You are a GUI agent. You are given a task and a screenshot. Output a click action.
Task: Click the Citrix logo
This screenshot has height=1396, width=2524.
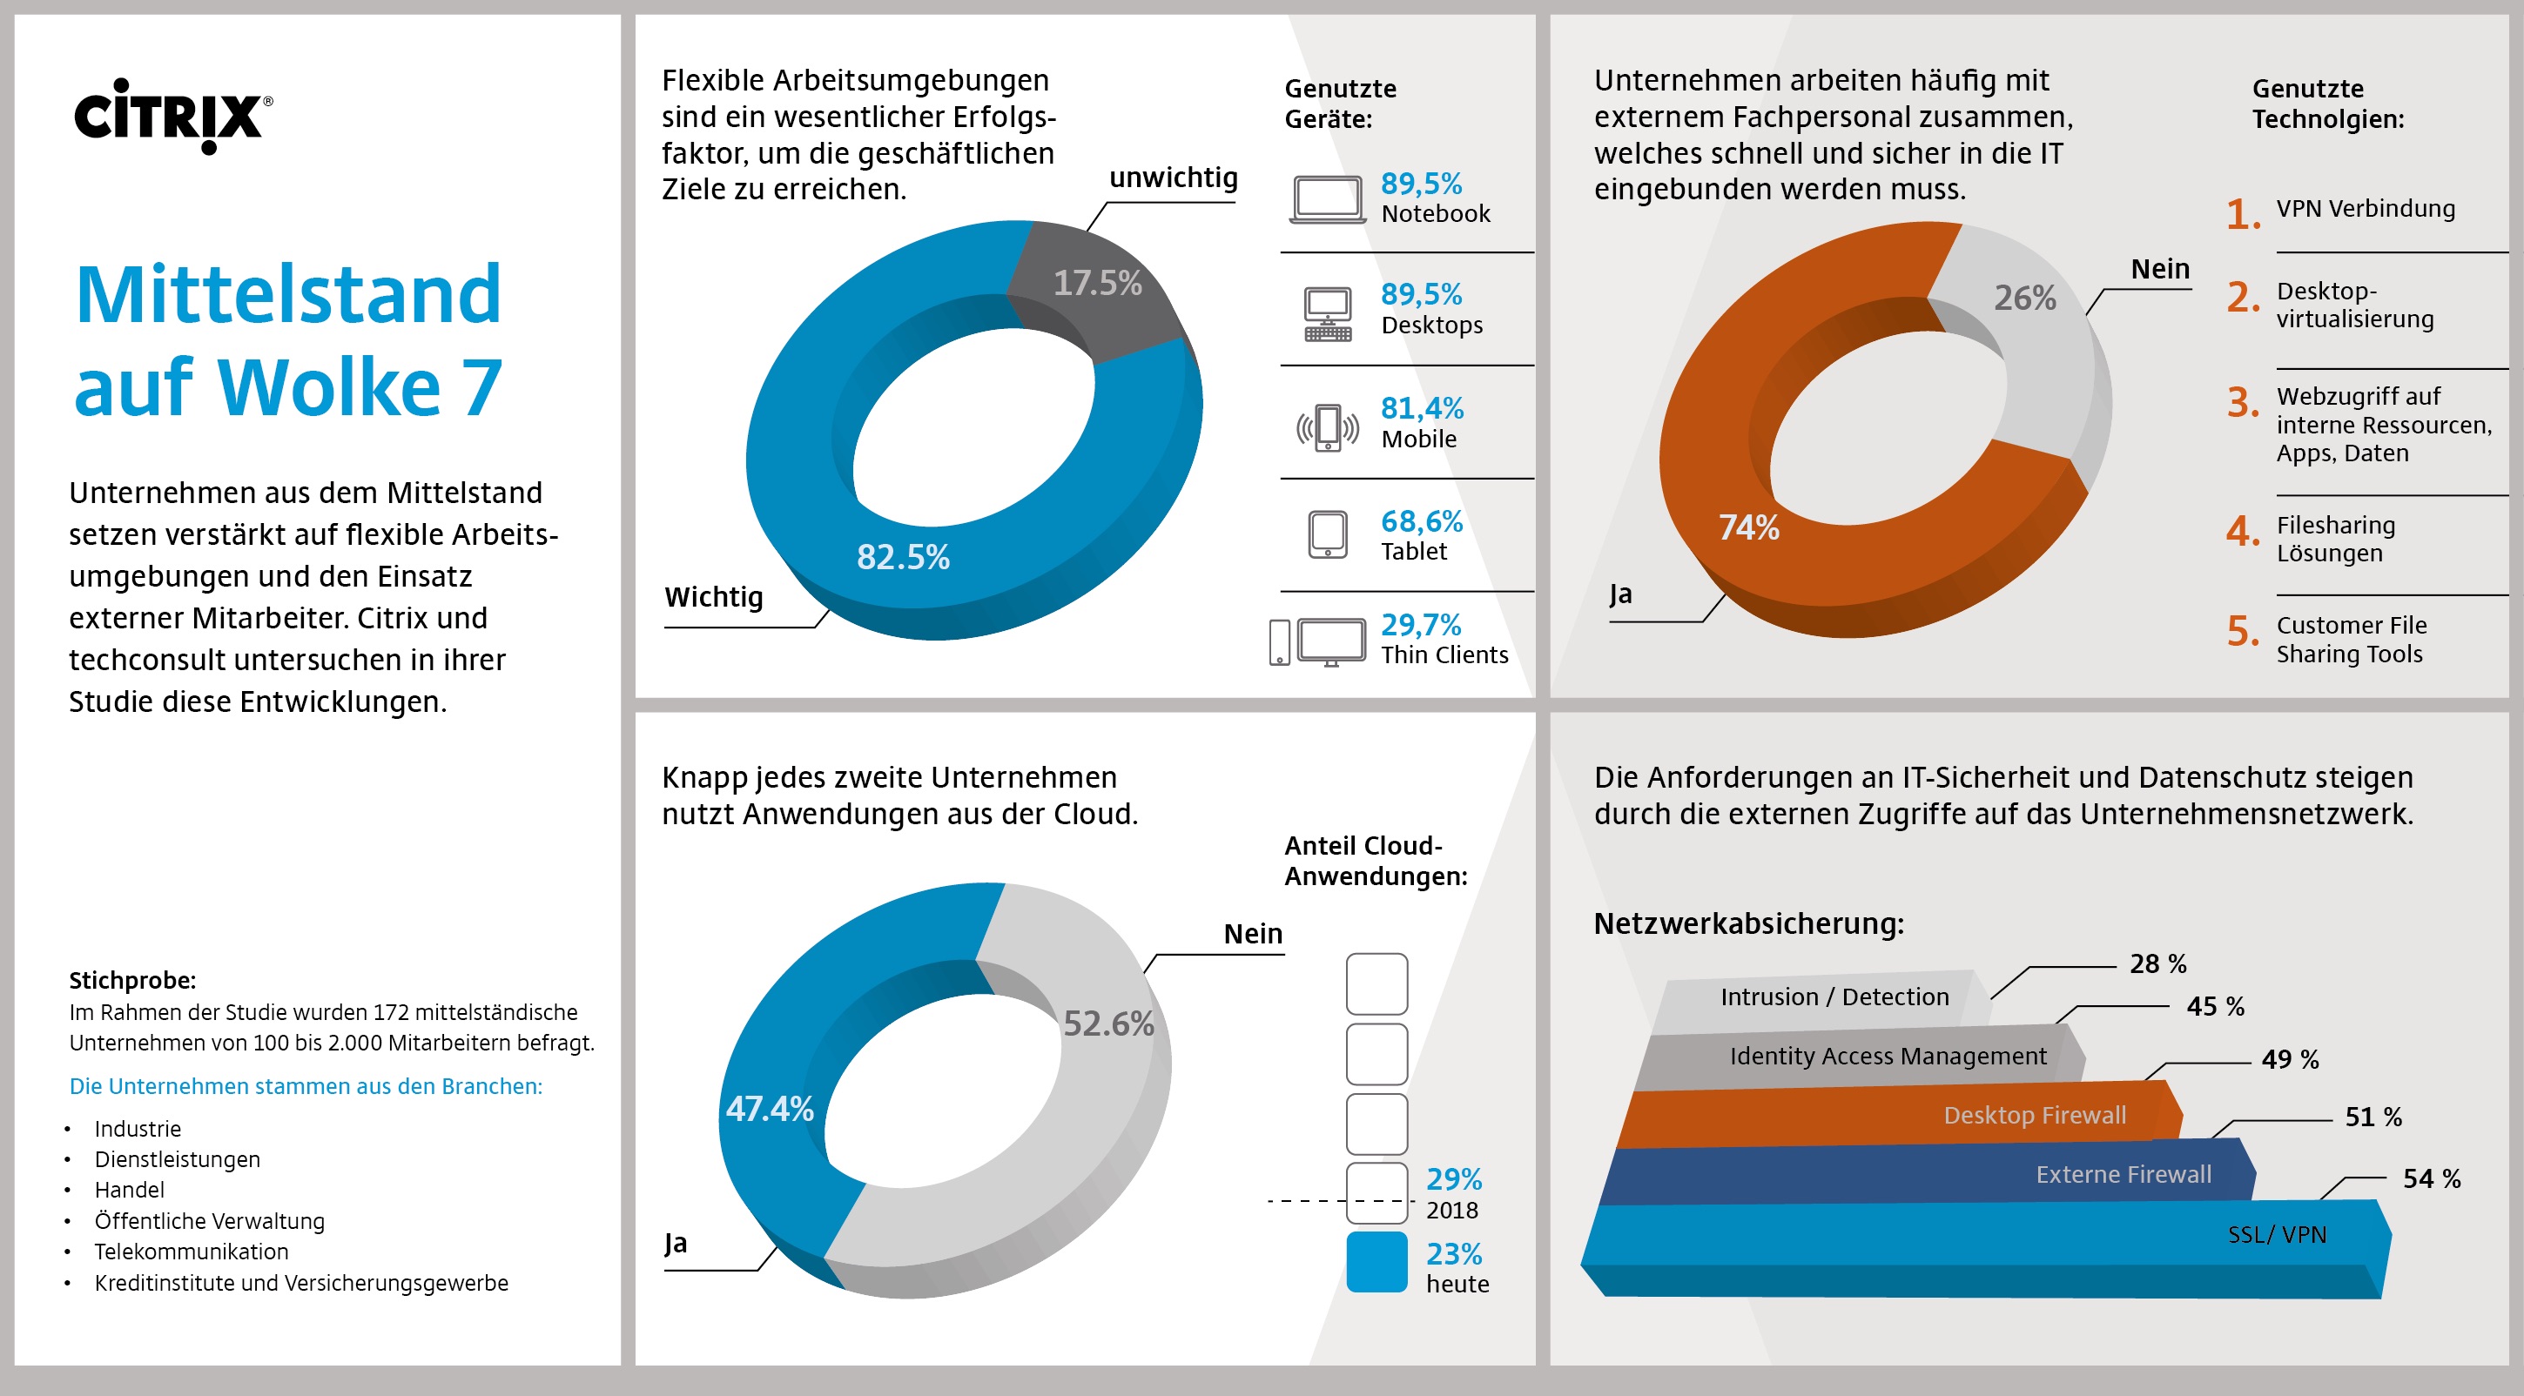[x=172, y=116]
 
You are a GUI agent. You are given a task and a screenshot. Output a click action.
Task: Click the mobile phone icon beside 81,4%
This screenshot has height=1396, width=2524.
[x=1328, y=427]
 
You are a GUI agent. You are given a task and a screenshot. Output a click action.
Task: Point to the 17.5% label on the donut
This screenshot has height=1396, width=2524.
[x=1097, y=283]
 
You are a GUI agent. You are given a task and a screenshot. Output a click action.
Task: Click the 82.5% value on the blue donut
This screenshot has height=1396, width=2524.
[x=902, y=557]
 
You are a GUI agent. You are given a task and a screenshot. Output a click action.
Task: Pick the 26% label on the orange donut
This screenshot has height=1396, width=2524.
[x=2024, y=298]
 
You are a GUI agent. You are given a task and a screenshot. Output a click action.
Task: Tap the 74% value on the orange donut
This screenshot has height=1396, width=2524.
[x=1749, y=528]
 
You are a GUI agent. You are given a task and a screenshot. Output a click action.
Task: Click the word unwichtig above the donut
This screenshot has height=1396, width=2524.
[x=1173, y=178]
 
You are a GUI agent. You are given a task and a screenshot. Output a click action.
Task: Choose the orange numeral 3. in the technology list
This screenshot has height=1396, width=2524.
[x=2243, y=403]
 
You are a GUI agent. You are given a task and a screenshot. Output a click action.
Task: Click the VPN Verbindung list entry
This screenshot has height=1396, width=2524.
[x=2366, y=209]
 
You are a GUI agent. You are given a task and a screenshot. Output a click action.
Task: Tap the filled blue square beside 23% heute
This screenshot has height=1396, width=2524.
[x=1376, y=1263]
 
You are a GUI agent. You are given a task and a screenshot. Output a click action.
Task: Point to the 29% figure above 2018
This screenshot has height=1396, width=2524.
[x=1453, y=1179]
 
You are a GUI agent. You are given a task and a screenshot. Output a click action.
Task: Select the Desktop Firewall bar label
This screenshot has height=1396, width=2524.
[x=2034, y=1116]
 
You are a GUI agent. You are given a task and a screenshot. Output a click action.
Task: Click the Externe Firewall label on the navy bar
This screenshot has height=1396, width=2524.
[x=2123, y=1175]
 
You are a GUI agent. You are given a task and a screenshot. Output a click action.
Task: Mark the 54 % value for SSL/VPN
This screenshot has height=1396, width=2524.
[x=2431, y=1178]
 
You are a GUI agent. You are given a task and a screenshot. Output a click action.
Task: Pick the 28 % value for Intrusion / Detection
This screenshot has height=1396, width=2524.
[x=2157, y=964]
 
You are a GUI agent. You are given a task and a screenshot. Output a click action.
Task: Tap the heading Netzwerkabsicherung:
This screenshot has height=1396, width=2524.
[x=1749, y=923]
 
